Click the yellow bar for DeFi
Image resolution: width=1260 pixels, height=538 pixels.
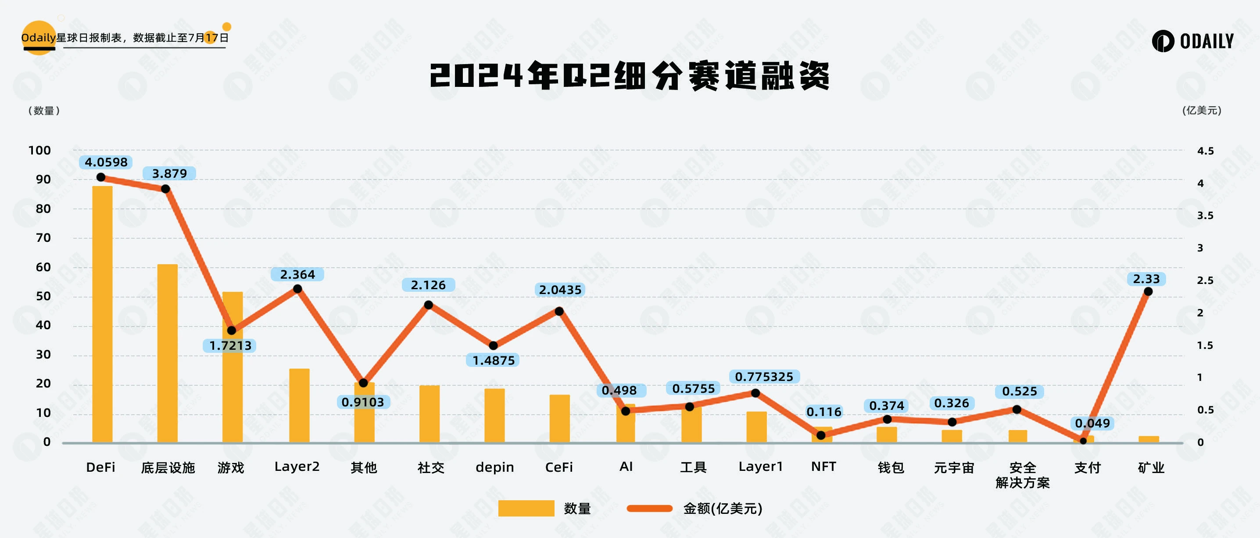(x=102, y=314)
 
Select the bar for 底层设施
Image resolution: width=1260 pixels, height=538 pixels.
(x=167, y=353)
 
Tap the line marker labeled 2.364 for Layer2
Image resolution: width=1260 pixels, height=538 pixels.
(x=297, y=289)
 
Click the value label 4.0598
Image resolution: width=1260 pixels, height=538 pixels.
(x=106, y=162)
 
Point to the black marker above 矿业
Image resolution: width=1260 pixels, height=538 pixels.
(x=1148, y=291)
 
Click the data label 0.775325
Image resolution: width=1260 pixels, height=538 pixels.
(x=763, y=377)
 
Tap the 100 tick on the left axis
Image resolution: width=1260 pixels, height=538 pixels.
(x=39, y=151)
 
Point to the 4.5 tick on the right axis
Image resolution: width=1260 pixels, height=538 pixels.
(x=1205, y=151)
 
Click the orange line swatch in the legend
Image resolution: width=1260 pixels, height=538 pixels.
(x=650, y=508)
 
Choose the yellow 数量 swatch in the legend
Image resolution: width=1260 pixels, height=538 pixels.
(x=526, y=508)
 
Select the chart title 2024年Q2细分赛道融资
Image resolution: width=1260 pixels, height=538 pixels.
(x=630, y=76)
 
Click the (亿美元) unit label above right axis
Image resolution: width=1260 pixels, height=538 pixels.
(x=1201, y=111)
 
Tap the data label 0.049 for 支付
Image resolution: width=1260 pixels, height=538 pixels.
(x=1092, y=423)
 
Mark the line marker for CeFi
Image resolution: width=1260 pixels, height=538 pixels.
(x=559, y=311)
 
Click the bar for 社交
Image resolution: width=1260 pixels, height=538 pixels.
(x=429, y=414)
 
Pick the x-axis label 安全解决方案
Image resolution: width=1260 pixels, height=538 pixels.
(x=1022, y=475)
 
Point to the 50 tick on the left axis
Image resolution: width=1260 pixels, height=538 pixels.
(x=43, y=296)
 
